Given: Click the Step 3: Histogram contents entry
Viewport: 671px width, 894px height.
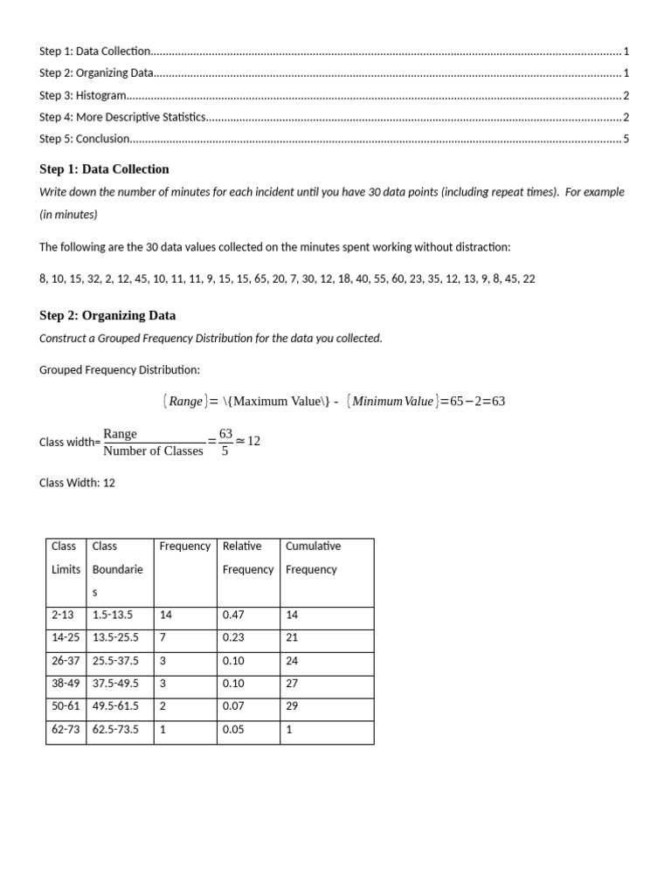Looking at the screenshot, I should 83,95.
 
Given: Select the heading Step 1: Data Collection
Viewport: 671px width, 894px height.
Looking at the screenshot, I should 104,168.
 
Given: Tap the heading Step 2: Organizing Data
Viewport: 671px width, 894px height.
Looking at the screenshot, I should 107,315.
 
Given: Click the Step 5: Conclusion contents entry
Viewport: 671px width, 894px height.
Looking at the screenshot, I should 85,138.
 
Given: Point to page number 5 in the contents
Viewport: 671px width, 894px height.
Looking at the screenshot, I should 626,138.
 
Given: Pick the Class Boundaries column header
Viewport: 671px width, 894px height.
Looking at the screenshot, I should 118,569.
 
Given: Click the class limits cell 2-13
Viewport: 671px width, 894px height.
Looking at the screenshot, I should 64,615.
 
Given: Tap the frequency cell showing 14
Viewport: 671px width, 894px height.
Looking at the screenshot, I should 166,615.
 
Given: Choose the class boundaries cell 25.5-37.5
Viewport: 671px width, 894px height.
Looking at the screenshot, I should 115,661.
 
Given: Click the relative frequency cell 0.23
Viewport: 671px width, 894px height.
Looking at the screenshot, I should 233,637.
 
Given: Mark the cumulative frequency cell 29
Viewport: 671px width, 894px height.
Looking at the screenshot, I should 292,706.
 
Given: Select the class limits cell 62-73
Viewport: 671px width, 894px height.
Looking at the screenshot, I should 66,729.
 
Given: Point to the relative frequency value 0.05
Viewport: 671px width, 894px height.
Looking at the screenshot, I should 233,729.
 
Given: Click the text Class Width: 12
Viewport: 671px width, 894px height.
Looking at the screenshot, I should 77,483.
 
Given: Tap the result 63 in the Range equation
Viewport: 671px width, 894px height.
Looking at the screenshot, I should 497,402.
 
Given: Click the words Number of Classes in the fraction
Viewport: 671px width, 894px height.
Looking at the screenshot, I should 153,451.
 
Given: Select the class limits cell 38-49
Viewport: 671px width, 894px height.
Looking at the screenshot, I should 66,684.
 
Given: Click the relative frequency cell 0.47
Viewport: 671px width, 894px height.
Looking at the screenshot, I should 233,615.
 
